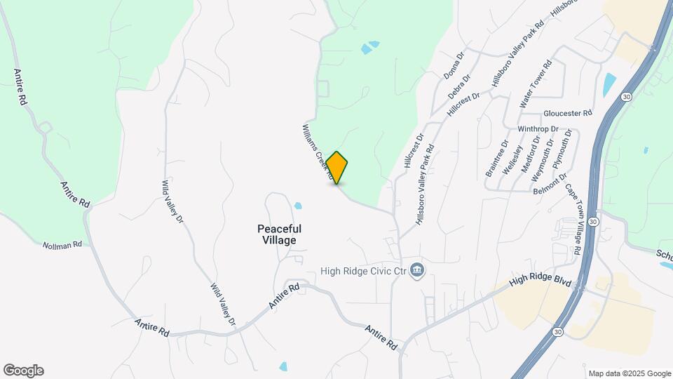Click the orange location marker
tap(337, 168)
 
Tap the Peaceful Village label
tap(279, 234)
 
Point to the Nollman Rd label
tap(62, 245)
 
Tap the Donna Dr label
tap(454, 65)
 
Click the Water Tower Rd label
tap(536, 84)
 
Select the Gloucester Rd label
tap(568, 113)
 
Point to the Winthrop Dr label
tap(538, 130)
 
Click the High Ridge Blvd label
tap(541, 281)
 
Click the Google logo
tap(23, 371)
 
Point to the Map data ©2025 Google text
tap(630, 373)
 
